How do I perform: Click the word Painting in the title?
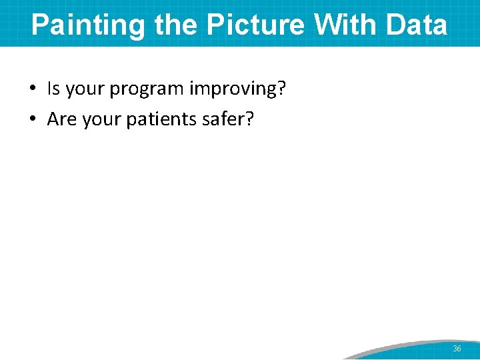[x=89, y=25]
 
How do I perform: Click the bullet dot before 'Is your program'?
[x=33, y=89]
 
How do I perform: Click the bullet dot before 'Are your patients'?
[x=33, y=119]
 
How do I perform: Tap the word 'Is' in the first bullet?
[x=53, y=89]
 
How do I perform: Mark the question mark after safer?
[x=251, y=119]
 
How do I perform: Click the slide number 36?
[x=457, y=349]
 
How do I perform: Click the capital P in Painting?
[x=40, y=25]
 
